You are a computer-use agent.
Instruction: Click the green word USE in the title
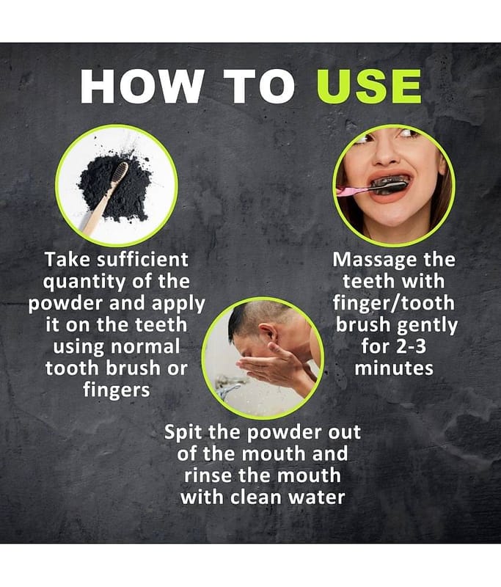369,87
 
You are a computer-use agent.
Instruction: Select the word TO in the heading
259,87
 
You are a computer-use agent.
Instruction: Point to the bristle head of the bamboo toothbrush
120,173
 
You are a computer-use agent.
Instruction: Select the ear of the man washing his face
266,332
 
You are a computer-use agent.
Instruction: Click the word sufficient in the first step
142,260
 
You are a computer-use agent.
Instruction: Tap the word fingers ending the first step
117,390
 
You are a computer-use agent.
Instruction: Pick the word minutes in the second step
394,368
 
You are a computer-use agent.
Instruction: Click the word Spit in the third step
183,433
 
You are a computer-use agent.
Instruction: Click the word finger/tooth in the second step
394,303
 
